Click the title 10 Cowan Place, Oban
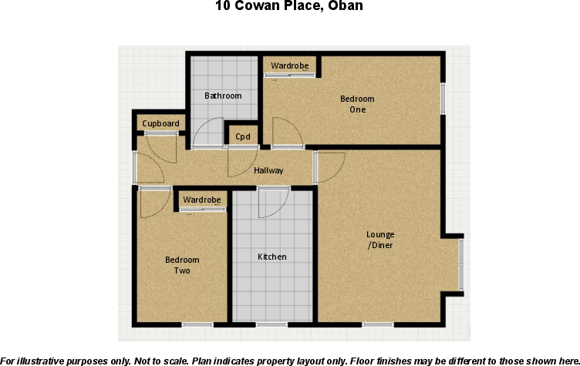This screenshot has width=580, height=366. point(289,6)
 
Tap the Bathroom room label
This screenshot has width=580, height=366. point(223,96)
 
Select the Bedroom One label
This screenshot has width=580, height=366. point(357,104)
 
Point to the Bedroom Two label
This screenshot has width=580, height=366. point(182,265)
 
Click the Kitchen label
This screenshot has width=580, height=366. point(271,257)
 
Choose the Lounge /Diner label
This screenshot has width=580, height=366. point(380,240)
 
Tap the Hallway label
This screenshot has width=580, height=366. point(268,170)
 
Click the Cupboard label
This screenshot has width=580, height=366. point(160,124)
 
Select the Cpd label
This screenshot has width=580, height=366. point(243,137)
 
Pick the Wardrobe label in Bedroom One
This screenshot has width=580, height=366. point(289,66)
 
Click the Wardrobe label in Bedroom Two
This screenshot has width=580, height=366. point(201,200)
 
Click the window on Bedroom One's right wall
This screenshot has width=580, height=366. point(443,98)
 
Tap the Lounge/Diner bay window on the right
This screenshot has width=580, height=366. point(460,265)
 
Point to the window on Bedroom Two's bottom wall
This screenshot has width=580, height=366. point(197,324)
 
